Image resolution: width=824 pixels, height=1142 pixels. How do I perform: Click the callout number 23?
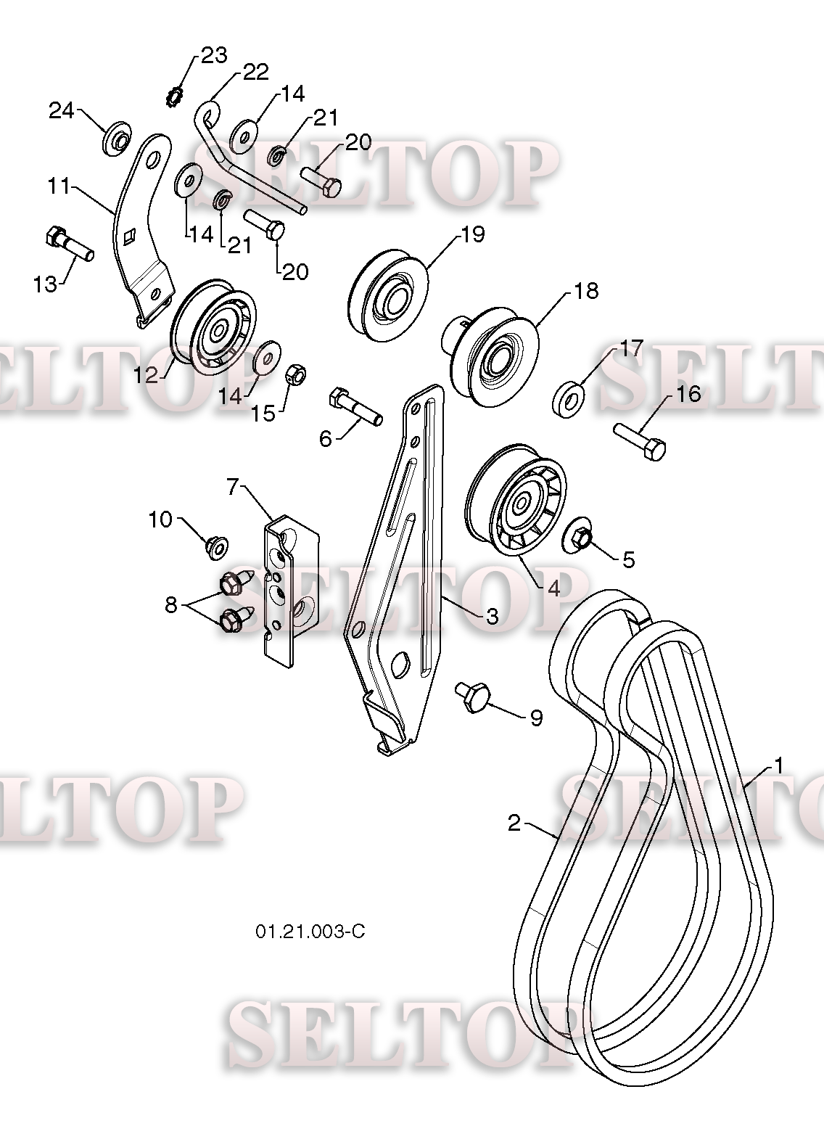click(x=214, y=55)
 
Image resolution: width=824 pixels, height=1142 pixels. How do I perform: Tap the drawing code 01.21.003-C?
click(x=310, y=931)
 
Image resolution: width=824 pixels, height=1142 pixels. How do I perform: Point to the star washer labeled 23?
click(x=174, y=96)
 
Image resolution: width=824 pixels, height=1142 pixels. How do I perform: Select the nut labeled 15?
click(x=297, y=374)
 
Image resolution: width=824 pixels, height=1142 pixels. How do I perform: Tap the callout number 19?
click(x=472, y=235)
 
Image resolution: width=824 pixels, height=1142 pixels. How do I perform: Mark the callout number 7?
click(x=233, y=486)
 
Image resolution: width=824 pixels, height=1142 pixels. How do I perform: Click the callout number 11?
click(x=59, y=186)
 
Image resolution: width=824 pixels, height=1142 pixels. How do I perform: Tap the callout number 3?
click(x=492, y=616)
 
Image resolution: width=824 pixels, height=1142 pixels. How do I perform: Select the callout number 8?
click(x=171, y=604)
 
